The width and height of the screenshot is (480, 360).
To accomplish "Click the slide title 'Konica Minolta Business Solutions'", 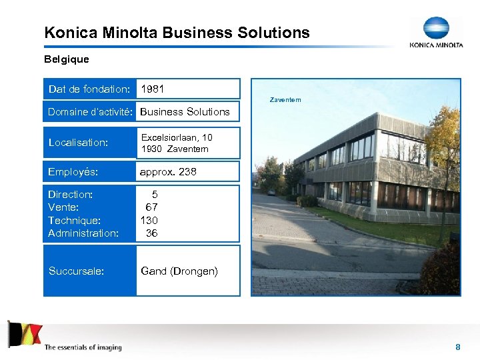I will (x=177, y=32).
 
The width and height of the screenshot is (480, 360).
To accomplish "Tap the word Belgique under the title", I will (x=66, y=59).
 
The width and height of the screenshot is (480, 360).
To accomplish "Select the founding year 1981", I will (x=153, y=89).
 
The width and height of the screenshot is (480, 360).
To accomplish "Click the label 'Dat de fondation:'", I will (x=89, y=89).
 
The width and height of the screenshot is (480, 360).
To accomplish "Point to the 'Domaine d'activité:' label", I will (x=91, y=111).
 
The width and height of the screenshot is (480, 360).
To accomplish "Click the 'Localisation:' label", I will (x=78, y=142).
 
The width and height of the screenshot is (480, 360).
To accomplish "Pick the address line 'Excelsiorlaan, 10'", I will (x=177, y=137).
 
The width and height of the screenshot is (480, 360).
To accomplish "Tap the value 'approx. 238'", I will (x=168, y=171).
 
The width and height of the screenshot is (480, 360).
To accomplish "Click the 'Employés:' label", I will (x=73, y=171).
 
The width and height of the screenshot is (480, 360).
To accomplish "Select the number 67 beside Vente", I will (x=152, y=207).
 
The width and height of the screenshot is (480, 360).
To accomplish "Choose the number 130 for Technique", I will (x=149, y=220).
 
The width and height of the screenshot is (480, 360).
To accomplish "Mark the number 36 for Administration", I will (x=152, y=233).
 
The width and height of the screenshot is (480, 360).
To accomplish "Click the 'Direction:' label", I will (x=71, y=195).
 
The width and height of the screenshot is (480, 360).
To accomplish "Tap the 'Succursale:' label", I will (x=76, y=271).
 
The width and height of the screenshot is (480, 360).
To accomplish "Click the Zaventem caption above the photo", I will (x=285, y=100).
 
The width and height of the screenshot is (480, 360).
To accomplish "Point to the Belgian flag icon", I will (x=25, y=333).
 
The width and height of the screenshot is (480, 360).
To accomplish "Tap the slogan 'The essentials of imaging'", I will (x=83, y=347).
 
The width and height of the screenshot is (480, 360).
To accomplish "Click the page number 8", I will (x=458, y=347).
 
